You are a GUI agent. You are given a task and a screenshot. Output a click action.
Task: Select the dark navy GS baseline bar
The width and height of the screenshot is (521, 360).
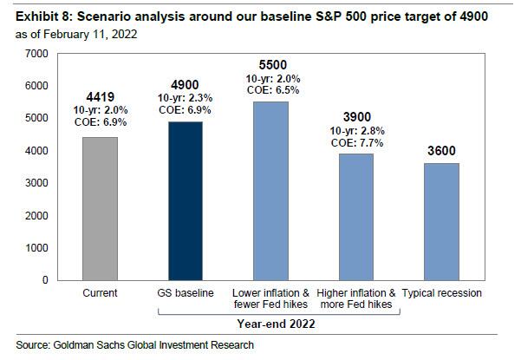[185, 200]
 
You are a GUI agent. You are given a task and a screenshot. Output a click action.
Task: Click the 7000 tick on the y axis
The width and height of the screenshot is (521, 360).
[36, 54]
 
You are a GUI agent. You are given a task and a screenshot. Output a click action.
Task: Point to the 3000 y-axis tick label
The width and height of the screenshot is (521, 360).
[36, 184]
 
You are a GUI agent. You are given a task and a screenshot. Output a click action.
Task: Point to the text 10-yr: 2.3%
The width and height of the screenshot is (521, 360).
[185, 98]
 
